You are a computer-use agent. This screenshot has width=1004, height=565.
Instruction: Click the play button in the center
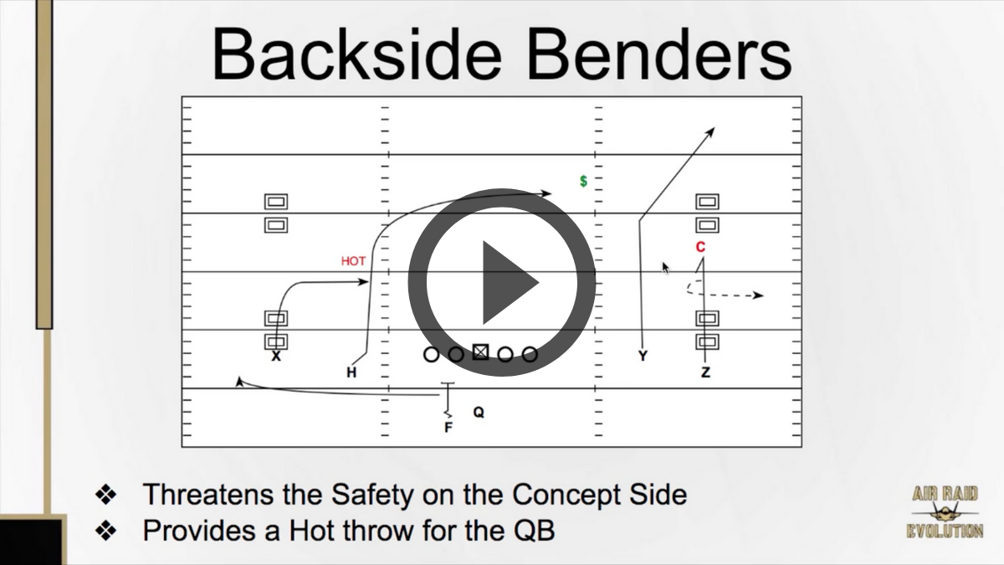click(502, 282)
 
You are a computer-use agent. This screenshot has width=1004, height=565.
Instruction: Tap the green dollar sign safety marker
click(583, 181)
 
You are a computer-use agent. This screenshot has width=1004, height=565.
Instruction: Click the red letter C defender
click(701, 247)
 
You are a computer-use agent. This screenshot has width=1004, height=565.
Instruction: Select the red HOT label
click(353, 261)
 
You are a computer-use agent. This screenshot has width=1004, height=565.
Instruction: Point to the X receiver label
click(276, 357)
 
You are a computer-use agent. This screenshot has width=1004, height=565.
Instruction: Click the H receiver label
click(351, 372)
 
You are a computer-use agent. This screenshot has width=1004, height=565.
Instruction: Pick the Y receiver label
click(643, 357)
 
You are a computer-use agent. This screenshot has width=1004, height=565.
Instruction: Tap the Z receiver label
click(705, 372)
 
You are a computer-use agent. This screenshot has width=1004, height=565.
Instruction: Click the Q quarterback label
click(479, 412)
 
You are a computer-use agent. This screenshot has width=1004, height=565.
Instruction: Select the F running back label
click(448, 428)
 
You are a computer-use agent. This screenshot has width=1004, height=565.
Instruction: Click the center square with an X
click(480, 353)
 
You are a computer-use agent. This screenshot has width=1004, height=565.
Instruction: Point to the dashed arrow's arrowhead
click(759, 295)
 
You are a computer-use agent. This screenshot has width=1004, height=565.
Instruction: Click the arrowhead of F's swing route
click(239, 382)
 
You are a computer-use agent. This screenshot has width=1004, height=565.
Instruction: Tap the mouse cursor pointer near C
click(666, 268)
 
